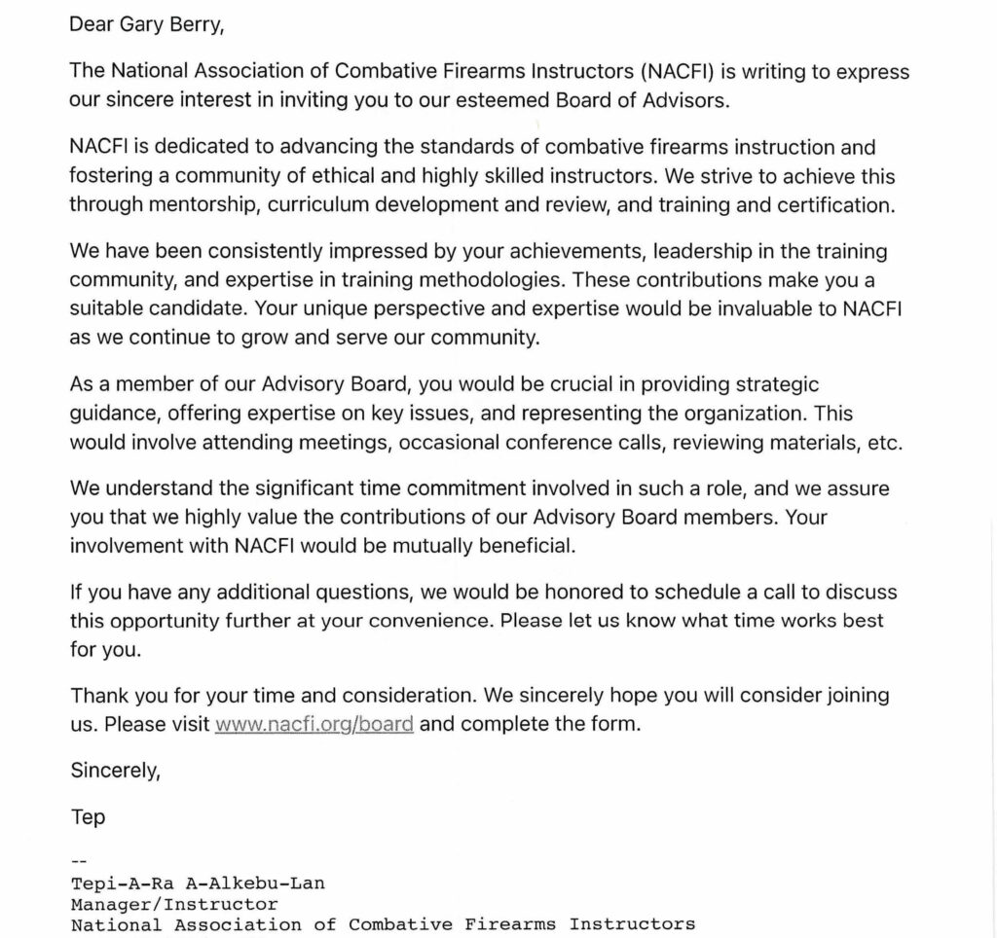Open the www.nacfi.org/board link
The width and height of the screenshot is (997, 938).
click(314, 725)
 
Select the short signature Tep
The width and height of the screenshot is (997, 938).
click(88, 817)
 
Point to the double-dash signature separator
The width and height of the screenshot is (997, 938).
click(79, 862)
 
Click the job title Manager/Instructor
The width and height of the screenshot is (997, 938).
click(174, 904)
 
